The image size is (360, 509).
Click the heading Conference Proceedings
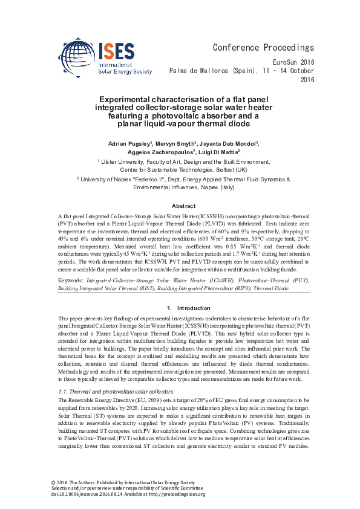[x=263, y=48]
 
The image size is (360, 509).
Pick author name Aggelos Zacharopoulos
[x=157, y=154]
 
